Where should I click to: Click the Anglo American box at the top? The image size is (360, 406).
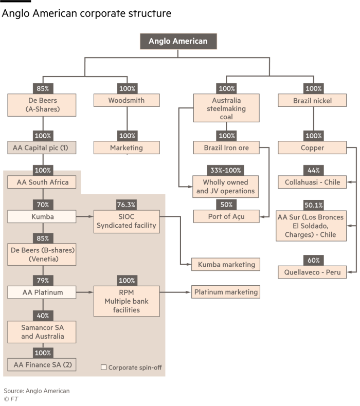[x=178, y=42]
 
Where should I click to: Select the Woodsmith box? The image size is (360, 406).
[x=127, y=100]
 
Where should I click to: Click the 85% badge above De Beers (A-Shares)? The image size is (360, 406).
[x=42, y=88]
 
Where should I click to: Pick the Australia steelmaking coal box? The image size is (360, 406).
[x=226, y=108]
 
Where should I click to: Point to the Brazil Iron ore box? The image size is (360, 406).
[x=226, y=148]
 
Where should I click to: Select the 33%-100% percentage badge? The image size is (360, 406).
[x=226, y=170]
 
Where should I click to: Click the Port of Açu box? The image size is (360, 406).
[x=226, y=216]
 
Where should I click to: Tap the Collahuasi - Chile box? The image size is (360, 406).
[x=312, y=182]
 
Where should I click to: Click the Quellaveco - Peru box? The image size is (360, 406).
[x=312, y=272]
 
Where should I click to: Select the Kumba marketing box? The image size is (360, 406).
[x=226, y=265]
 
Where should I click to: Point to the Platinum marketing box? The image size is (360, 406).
[x=226, y=292]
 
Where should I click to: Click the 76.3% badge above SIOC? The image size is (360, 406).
[x=127, y=205]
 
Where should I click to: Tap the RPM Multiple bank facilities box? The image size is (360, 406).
[x=127, y=301]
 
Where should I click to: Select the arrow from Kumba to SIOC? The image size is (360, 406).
[x=85, y=217]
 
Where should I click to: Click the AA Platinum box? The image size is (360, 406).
[x=42, y=292]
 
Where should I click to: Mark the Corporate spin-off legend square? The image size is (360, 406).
[x=103, y=367]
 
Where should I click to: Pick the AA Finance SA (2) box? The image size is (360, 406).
[x=42, y=365]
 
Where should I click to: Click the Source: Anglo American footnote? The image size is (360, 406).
[x=37, y=391]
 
